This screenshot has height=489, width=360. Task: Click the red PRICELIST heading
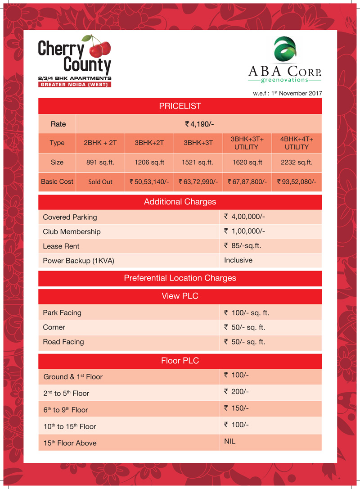tap(180, 106)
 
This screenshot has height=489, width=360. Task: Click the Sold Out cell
tap(100, 182)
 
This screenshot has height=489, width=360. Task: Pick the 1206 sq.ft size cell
tap(149, 162)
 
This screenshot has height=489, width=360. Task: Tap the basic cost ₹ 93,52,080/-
tap(297, 182)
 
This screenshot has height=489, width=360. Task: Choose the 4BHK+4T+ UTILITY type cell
tap(297, 143)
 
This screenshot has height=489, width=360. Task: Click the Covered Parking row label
tap(70, 217)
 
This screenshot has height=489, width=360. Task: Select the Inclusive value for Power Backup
tap(238, 260)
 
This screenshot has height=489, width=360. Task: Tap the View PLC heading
tap(180, 296)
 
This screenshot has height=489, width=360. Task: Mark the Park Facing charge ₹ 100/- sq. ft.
tap(246, 312)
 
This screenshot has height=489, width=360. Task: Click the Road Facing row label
tap(63, 342)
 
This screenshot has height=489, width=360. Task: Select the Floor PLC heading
tap(180, 361)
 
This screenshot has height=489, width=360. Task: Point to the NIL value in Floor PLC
tap(230, 442)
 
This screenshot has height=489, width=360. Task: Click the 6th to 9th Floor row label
tap(66, 410)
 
